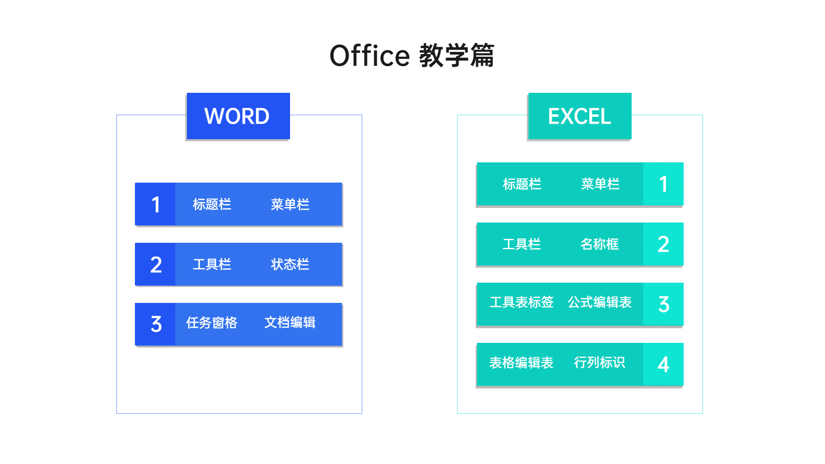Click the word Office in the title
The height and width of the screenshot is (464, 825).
point(370,56)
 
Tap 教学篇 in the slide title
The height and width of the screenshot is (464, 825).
point(457,56)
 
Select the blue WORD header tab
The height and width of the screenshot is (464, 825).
point(238,116)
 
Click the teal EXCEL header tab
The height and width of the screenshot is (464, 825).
point(580,116)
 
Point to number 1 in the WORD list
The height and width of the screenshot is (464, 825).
point(156,205)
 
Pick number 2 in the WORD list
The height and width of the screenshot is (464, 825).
point(156,265)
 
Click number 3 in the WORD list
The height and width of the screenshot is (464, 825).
point(156,324)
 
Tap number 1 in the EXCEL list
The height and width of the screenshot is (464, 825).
point(663,184)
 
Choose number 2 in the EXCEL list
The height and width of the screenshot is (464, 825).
point(663,244)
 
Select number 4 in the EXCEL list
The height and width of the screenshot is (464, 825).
point(663,365)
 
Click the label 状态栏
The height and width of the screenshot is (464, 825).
point(290,264)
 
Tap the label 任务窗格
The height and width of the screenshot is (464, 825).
point(212,323)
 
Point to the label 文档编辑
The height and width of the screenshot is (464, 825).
point(290,322)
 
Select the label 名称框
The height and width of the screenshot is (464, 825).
point(599,244)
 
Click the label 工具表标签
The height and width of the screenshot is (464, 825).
point(522,302)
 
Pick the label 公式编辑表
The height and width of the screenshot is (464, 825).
point(600,302)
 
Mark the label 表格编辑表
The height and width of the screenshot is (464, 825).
point(521,363)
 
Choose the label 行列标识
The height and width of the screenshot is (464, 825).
point(599,362)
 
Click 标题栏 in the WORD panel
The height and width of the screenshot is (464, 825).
point(212,204)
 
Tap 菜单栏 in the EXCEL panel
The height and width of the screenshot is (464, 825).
point(600,184)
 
